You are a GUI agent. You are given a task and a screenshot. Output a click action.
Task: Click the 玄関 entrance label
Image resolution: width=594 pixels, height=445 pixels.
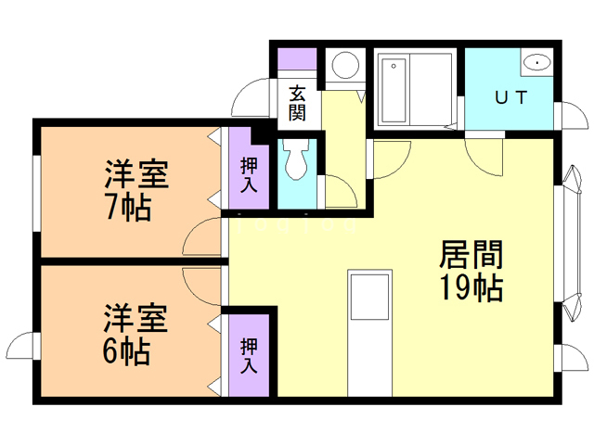297,103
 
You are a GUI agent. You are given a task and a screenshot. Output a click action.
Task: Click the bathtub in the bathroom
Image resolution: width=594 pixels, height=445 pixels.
393,91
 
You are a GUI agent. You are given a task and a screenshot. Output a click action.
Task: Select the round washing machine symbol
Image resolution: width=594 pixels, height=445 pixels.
346,65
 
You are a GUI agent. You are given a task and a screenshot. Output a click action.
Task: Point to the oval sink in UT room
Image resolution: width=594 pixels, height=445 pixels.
536,63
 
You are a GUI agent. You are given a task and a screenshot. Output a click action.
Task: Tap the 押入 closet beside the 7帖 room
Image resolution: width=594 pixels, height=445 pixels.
250,174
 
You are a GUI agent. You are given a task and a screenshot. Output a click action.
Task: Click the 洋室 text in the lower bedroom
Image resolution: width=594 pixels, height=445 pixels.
136,319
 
